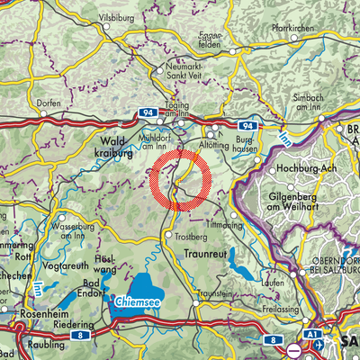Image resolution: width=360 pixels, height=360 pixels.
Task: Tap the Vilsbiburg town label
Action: click(122, 18)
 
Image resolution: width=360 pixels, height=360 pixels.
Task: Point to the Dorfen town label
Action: click(49, 103)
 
